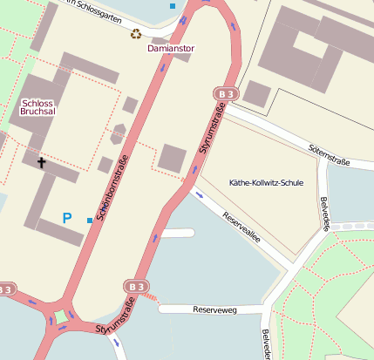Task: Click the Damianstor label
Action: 170,49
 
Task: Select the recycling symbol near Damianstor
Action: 136,34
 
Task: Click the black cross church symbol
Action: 41,162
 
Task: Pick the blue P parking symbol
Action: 67,217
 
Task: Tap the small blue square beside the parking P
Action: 90,220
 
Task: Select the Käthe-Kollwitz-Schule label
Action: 265,184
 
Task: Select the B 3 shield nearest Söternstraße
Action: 226,93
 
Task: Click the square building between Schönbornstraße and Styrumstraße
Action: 172,160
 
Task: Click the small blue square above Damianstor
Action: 173,6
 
